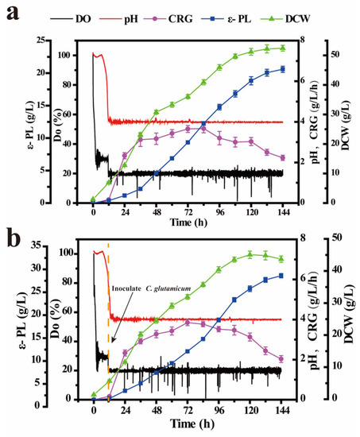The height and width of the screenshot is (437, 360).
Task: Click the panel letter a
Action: pyautogui.click(x=11, y=16)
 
